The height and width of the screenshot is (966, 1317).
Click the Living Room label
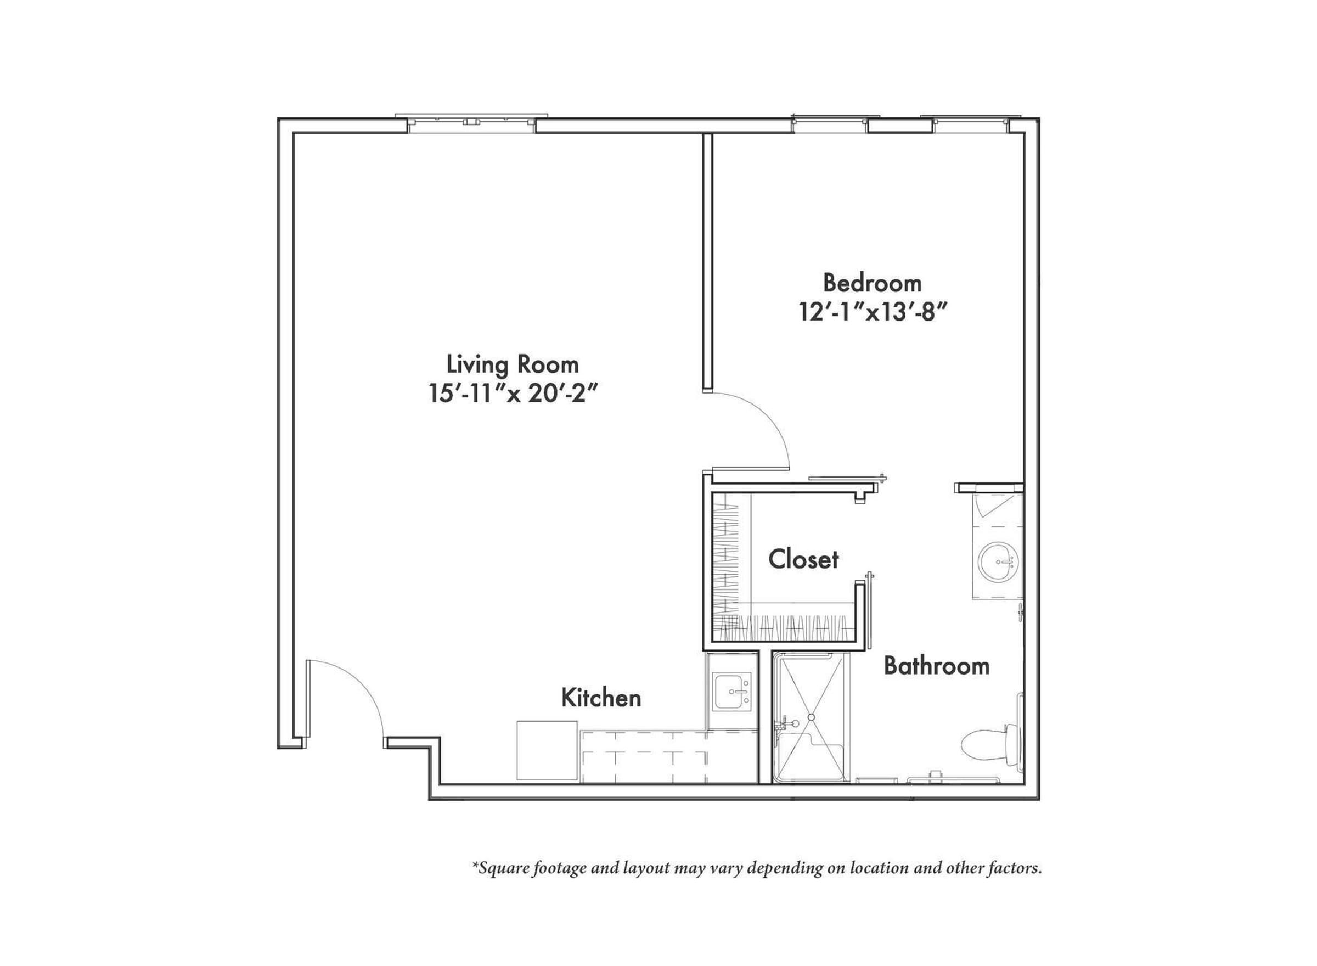513,365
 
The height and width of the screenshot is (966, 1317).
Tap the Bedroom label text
872,283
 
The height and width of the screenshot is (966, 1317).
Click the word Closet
803,560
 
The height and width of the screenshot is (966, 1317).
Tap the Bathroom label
936,666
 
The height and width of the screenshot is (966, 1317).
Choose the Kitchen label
601,698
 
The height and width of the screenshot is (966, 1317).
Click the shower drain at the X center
811,717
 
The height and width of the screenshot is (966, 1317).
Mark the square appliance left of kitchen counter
547,751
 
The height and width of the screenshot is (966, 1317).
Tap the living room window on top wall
471,122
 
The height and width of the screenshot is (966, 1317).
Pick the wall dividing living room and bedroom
708,261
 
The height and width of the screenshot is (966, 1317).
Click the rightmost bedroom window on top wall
971,124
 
